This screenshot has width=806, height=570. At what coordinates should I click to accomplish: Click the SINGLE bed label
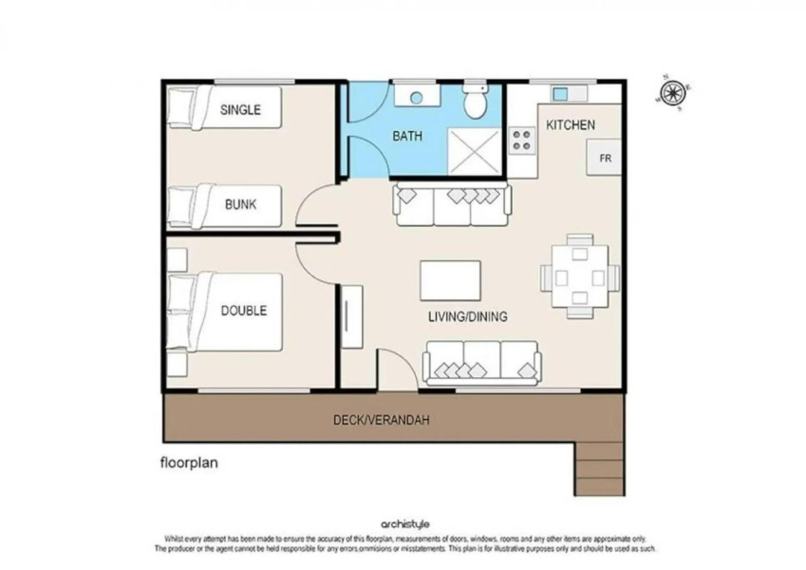click(240, 109)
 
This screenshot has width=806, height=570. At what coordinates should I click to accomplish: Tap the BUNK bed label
click(240, 203)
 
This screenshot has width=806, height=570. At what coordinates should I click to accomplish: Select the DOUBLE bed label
click(244, 311)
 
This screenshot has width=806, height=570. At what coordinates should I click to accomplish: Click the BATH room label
click(407, 136)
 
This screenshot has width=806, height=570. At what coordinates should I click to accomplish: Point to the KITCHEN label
click(571, 124)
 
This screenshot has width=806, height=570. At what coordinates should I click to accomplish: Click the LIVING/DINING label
click(467, 316)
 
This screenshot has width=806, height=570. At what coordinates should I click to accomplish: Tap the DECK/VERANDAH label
click(381, 419)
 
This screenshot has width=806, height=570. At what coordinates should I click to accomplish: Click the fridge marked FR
click(605, 158)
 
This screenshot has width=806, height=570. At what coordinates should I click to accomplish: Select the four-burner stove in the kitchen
click(521, 141)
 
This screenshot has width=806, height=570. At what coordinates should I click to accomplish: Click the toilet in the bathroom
click(475, 99)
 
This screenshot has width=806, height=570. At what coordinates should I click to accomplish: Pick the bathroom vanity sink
click(414, 96)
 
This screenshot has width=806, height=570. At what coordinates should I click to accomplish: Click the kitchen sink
click(560, 93)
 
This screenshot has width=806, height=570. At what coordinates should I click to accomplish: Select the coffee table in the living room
click(451, 280)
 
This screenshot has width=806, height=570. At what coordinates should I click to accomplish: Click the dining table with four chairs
click(580, 277)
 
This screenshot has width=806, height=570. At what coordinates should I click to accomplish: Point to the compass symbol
click(672, 91)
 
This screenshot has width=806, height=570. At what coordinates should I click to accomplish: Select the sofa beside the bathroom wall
click(452, 204)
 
